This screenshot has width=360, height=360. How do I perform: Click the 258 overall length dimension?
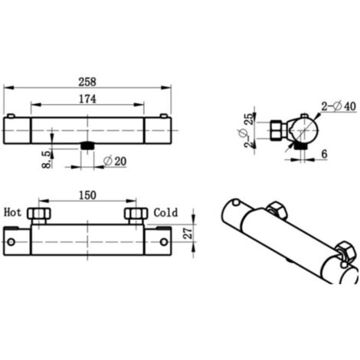click(x=87, y=82)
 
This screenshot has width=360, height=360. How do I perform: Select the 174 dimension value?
click(x=87, y=99)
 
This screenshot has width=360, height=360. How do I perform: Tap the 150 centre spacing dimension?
click(x=87, y=195)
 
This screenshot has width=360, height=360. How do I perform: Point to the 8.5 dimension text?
click(x=47, y=159)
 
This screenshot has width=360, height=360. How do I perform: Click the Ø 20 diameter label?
click(x=115, y=161)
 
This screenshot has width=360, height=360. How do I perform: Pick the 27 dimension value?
click(x=188, y=234)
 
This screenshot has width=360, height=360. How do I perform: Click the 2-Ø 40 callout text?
click(x=339, y=106)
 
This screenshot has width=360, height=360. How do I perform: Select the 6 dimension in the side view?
click(x=324, y=154)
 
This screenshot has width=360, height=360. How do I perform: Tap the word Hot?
click(x=12, y=212)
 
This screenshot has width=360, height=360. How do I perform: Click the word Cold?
click(x=165, y=212)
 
